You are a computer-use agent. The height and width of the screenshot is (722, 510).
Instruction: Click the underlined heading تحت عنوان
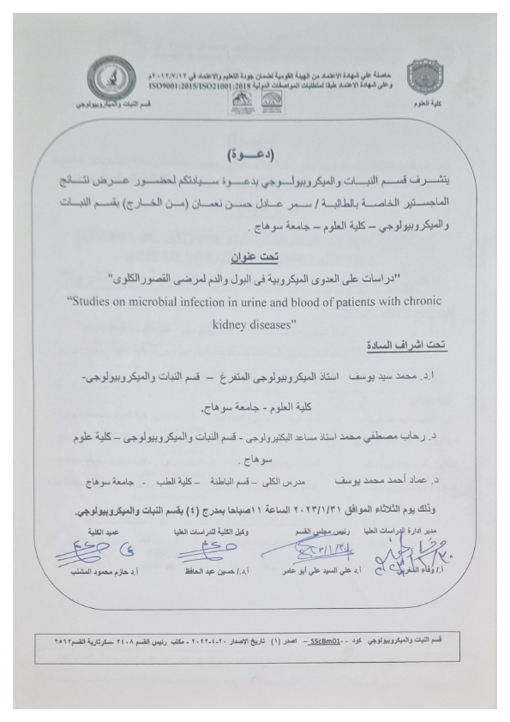pos(256,256)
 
